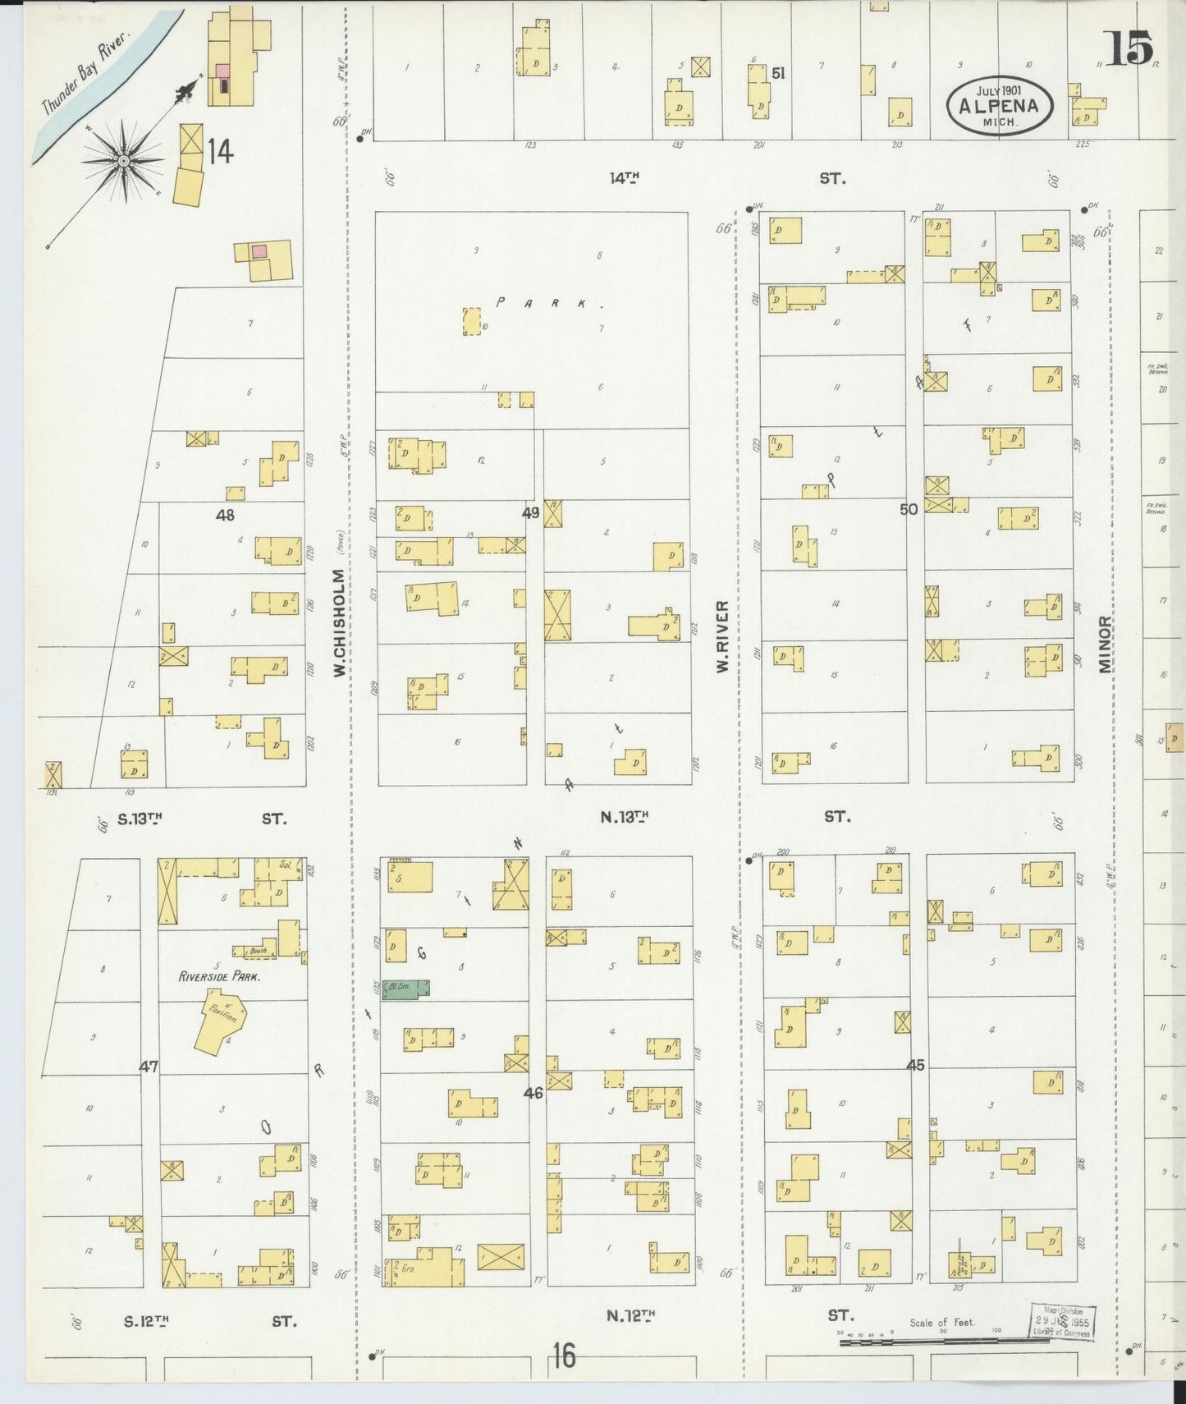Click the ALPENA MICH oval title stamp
point(999,105)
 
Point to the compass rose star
point(123,160)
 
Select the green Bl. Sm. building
point(409,989)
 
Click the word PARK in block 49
point(550,303)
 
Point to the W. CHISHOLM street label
point(338,624)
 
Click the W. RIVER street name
point(722,636)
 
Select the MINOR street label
point(1106,645)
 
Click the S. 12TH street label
point(147,1321)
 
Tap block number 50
point(908,509)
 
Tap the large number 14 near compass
point(220,152)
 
